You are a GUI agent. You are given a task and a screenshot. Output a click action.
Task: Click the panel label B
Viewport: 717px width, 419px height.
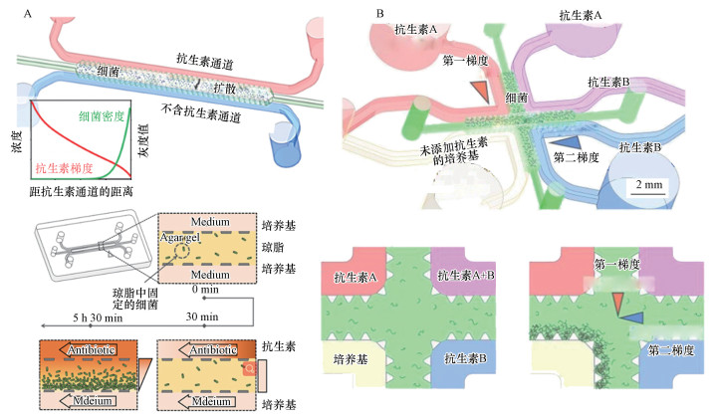(x=380, y=13)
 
